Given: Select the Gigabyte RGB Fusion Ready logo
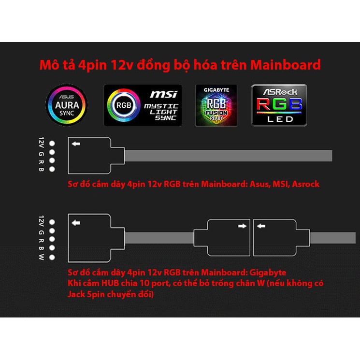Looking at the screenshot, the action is tap(216, 105).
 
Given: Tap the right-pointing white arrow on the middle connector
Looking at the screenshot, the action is tap(242, 225).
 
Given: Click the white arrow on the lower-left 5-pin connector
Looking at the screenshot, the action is tap(75, 223).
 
